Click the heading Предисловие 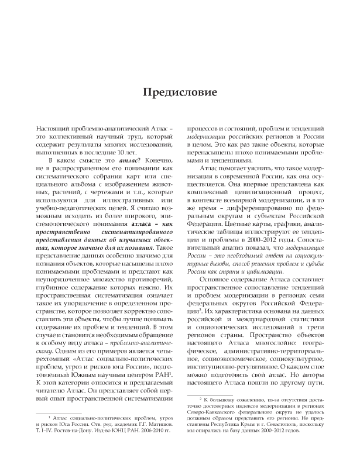180,92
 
